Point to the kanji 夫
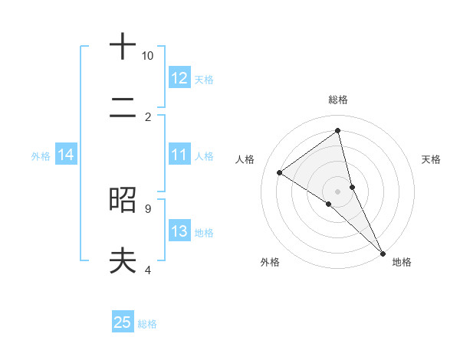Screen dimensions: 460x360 pos(122,261)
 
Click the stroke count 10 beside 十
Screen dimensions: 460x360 pos(147,56)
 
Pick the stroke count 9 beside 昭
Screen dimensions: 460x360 pos(147,208)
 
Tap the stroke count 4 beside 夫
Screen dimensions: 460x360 pos(147,270)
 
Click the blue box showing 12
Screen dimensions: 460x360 pos(179,78)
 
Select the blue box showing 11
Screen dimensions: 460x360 pos(179,155)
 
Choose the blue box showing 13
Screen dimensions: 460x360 pos(179,231)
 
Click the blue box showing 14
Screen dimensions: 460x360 pos(66,155)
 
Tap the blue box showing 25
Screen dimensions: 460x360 pos(123,322)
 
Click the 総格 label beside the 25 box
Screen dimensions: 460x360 pos(147,324)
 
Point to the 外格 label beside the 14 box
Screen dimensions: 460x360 pos(41,156)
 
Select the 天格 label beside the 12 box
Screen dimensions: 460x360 pos(204,79)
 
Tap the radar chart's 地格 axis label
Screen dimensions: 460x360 pos(402,262)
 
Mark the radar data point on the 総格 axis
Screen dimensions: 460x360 pos(337,130)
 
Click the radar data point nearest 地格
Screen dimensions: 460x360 pos(382,252)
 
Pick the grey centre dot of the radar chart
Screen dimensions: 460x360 pos(337,190)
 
